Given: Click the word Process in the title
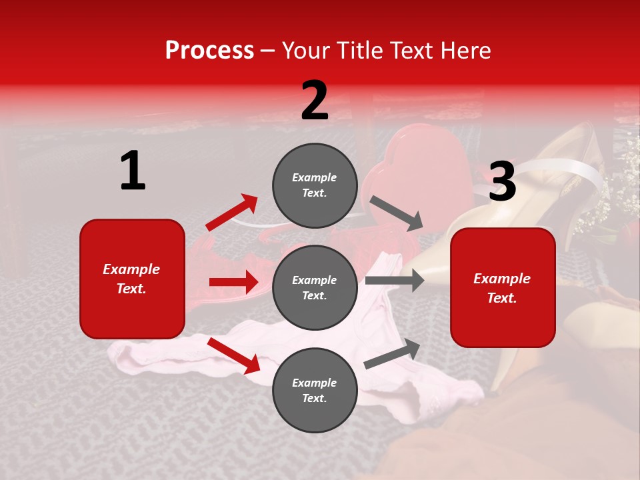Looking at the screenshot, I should [x=209, y=50].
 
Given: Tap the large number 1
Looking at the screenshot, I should [x=133, y=171].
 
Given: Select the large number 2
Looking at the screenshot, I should [x=315, y=101].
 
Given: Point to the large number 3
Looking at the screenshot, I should [x=502, y=182].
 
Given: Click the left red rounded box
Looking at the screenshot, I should [x=132, y=279].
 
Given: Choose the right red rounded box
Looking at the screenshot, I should [x=503, y=287].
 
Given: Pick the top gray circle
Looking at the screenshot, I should [x=315, y=185].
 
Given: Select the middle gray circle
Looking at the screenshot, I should [x=315, y=287].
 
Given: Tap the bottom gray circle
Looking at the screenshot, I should [x=315, y=390].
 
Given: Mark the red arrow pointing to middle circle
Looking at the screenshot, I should [x=233, y=282].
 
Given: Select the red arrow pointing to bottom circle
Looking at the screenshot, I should [x=234, y=355].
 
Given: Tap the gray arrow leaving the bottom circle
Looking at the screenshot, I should [x=393, y=353].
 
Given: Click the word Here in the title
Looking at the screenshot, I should [x=465, y=50].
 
